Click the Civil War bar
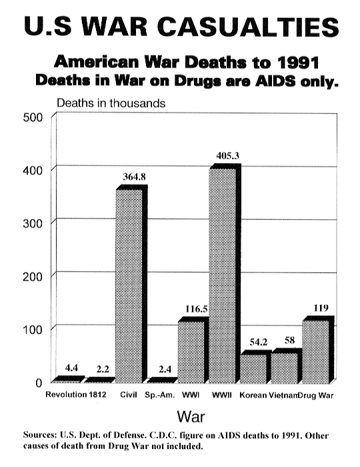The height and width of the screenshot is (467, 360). [x=131, y=284]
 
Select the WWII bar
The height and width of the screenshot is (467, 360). [x=225, y=273]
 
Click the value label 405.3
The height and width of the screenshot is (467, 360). [x=228, y=156]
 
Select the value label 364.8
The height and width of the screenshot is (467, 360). [x=135, y=177]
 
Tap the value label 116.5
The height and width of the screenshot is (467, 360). [x=197, y=309]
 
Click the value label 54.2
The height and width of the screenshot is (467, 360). [x=259, y=342]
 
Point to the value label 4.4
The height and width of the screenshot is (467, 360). [x=71, y=368]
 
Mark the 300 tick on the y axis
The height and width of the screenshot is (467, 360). [x=33, y=223]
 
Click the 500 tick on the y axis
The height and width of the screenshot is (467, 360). [x=33, y=117]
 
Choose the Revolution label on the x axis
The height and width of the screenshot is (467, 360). [x=66, y=394]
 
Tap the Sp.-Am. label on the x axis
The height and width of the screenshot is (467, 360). [x=160, y=395]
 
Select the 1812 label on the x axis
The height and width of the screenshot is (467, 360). [x=97, y=394]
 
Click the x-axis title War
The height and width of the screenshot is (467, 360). [x=191, y=416]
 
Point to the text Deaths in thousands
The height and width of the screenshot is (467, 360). [x=111, y=103]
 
